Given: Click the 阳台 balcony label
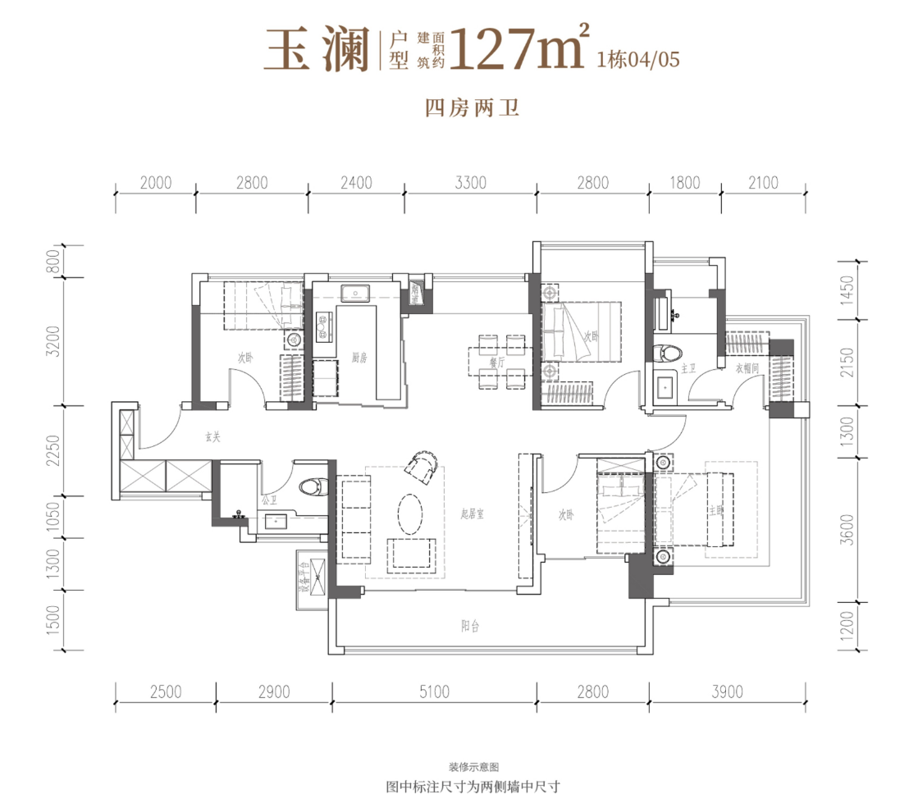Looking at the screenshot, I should pyautogui.click(x=469, y=627).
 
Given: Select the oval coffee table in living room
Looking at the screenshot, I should pyautogui.click(x=411, y=514).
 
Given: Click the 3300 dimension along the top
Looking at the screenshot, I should pyautogui.click(x=471, y=183).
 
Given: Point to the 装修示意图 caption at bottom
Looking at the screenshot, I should pyautogui.click(x=473, y=767).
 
